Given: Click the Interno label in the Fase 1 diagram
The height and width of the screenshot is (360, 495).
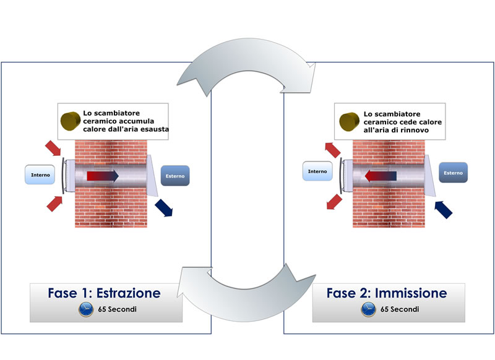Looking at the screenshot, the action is pyautogui.click(x=40, y=174).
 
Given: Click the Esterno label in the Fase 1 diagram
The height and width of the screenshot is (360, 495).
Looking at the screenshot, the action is pyautogui.click(x=175, y=176).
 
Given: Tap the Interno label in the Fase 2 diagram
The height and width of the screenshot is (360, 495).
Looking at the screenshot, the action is pyautogui.click(x=317, y=171).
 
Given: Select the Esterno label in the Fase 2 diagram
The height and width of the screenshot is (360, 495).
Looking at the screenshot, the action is pyautogui.click(x=454, y=173).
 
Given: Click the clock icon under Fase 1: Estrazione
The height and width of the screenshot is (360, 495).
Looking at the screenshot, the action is pyautogui.click(x=86, y=309).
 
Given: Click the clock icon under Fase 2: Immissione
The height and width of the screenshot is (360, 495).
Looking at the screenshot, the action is pyautogui.click(x=368, y=309).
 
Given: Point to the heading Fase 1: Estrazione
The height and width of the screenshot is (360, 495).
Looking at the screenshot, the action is pyautogui.click(x=104, y=293).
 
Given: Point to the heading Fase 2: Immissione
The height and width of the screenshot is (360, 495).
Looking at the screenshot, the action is pyautogui.click(x=387, y=293).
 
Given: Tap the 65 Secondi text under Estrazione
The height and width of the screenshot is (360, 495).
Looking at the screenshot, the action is pyautogui.click(x=117, y=309).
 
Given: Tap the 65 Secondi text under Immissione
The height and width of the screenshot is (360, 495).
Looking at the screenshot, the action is pyautogui.click(x=400, y=309).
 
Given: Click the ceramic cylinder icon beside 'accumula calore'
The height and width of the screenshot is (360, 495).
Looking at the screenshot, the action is pyautogui.click(x=71, y=121).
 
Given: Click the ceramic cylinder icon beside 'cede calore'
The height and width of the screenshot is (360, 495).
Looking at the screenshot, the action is pyautogui.click(x=349, y=122).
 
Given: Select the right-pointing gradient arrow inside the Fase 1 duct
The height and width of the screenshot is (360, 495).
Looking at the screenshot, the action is pyautogui.click(x=103, y=176).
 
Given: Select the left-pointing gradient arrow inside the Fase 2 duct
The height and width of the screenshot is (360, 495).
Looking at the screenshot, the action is pyautogui.click(x=381, y=176).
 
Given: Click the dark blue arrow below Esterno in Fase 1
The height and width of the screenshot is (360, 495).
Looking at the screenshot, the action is pyautogui.click(x=164, y=208).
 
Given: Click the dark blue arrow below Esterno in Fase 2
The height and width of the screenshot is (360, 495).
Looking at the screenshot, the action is pyautogui.click(x=443, y=210).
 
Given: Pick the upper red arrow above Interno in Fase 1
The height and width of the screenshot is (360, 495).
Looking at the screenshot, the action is pyautogui.click(x=53, y=148).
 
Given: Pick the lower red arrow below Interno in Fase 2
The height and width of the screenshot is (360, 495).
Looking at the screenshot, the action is pyautogui.click(x=334, y=202).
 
